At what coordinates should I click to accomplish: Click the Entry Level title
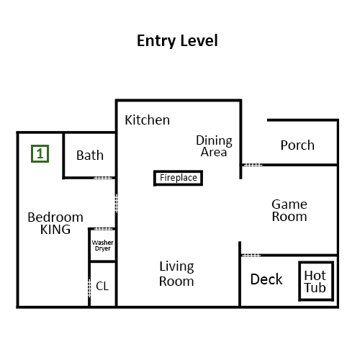[x=177, y=41]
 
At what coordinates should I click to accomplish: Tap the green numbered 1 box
[x=40, y=153]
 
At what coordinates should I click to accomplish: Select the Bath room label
[x=90, y=156]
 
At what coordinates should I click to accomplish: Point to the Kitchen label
[x=148, y=120]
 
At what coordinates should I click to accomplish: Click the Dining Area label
[x=214, y=146]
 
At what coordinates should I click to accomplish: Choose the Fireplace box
[x=178, y=178]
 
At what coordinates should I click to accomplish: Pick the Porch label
[x=297, y=145]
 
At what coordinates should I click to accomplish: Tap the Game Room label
[x=289, y=210]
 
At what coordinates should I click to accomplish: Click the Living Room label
[x=176, y=274]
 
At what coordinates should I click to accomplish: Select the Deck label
[x=266, y=279]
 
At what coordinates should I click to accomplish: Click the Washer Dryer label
[x=103, y=246]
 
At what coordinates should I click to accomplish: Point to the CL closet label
[x=102, y=286]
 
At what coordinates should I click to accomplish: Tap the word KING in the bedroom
[x=55, y=230]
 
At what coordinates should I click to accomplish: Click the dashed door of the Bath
[x=103, y=178]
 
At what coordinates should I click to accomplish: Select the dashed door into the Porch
[x=252, y=165]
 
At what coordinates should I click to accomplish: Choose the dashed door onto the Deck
[x=251, y=256]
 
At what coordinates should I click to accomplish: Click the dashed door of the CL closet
[x=89, y=288]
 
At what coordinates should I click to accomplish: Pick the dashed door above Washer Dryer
[x=103, y=229]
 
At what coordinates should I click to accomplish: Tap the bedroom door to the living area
[x=117, y=203]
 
